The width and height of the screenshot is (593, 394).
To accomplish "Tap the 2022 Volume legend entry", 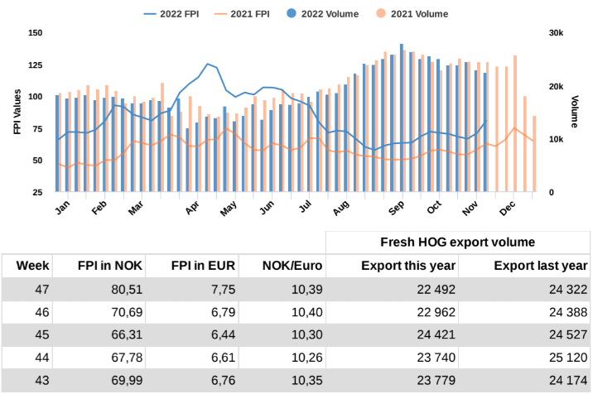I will coord(358,14).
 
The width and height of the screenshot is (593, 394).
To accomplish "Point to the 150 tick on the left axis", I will coord(35,33).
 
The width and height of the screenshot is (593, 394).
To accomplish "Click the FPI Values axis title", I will coord(16,112).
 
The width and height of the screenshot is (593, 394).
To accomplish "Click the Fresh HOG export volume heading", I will coord(457,242).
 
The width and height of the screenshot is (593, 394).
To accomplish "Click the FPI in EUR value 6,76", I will coord(219,382).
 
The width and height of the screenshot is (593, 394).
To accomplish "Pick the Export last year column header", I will coord(540,266).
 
